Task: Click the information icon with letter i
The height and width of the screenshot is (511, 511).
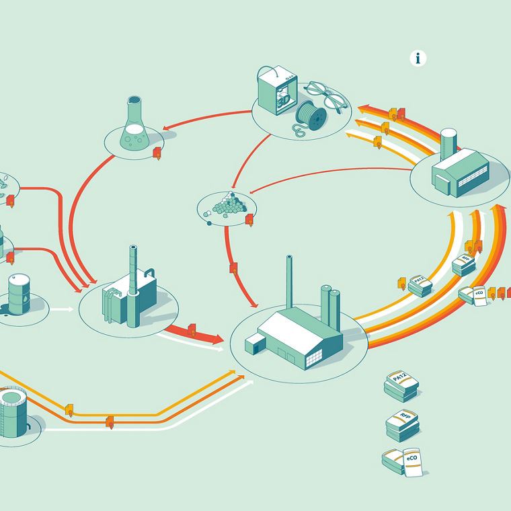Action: coord(418,58)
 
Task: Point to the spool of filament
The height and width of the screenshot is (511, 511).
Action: coord(313,115)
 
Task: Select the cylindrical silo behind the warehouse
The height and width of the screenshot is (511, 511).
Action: coord(448,144)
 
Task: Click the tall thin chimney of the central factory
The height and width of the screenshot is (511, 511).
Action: coord(289,282)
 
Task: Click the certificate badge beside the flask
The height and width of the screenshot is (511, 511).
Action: coord(157,153)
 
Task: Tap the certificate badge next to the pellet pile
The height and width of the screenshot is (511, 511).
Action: coord(249,219)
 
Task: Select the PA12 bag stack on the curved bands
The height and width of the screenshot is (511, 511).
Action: coord(420,284)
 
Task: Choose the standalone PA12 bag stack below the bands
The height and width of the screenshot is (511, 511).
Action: coord(401,386)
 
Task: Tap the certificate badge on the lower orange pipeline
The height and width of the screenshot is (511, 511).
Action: coord(110,422)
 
